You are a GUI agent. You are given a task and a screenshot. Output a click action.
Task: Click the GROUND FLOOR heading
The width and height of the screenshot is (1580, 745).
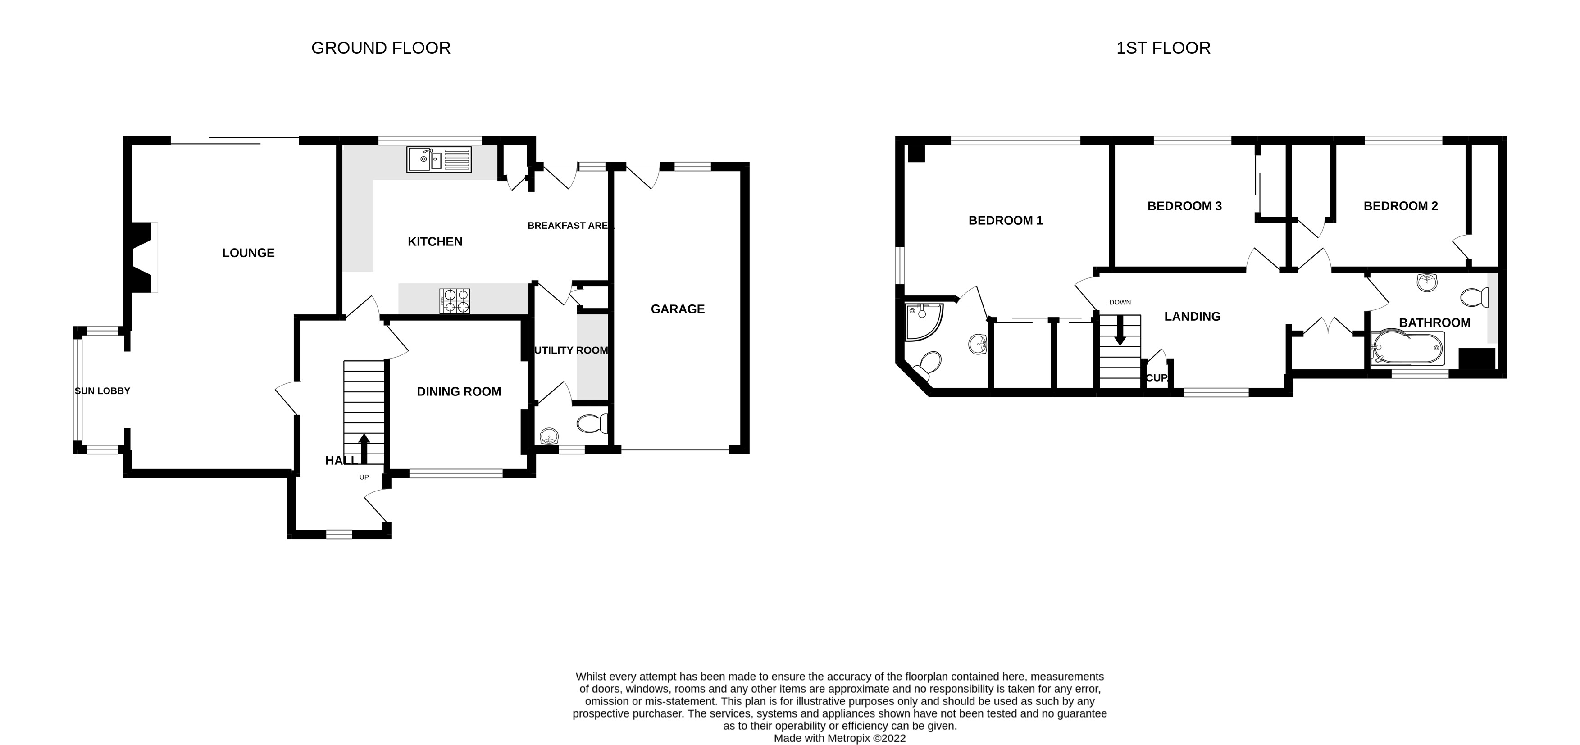pyautogui.click(x=381, y=48)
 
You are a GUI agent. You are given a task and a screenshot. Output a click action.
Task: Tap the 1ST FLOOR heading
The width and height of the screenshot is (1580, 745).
pyautogui.click(x=1163, y=48)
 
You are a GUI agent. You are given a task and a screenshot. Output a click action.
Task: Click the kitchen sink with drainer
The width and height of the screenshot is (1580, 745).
pyautogui.click(x=438, y=159)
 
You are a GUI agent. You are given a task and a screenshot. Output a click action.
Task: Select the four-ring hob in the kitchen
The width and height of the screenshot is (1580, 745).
pyautogui.click(x=455, y=301)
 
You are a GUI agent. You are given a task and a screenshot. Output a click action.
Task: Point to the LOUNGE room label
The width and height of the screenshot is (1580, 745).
pyautogui.click(x=248, y=253)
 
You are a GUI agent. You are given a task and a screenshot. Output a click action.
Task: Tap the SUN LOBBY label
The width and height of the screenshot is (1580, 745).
pyautogui.click(x=102, y=391)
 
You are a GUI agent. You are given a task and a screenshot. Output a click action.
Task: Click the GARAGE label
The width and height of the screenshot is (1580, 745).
pyautogui.click(x=677, y=309)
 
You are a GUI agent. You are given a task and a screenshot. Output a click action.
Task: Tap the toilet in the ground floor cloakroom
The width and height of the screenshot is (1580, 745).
pyautogui.click(x=592, y=423)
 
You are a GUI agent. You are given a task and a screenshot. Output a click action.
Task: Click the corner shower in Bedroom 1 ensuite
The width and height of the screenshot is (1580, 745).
pyautogui.click(x=921, y=321)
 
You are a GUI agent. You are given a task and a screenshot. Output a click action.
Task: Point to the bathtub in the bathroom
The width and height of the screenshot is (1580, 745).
pyautogui.click(x=1407, y=349)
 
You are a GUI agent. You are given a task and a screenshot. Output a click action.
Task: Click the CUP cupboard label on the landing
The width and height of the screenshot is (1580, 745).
pyautogui.click(x=1156, y=378)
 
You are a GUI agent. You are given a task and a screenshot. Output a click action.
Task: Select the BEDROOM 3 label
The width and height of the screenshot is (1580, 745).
pyautogui.click(x=1184, y=206)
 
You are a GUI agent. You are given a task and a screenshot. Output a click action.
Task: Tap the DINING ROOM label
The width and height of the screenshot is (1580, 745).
pyautogui.click(x=459, y=391)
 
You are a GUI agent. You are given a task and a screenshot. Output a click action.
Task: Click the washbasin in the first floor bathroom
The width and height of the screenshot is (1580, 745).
pyautogui.click(x=1427, y=283)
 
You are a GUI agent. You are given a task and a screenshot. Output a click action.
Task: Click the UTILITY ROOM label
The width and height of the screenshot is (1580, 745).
pyautogui.click(x=571, y=350)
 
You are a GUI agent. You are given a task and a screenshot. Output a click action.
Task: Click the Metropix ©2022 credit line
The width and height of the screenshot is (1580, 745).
pyautogui.click(x=839, y=738)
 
